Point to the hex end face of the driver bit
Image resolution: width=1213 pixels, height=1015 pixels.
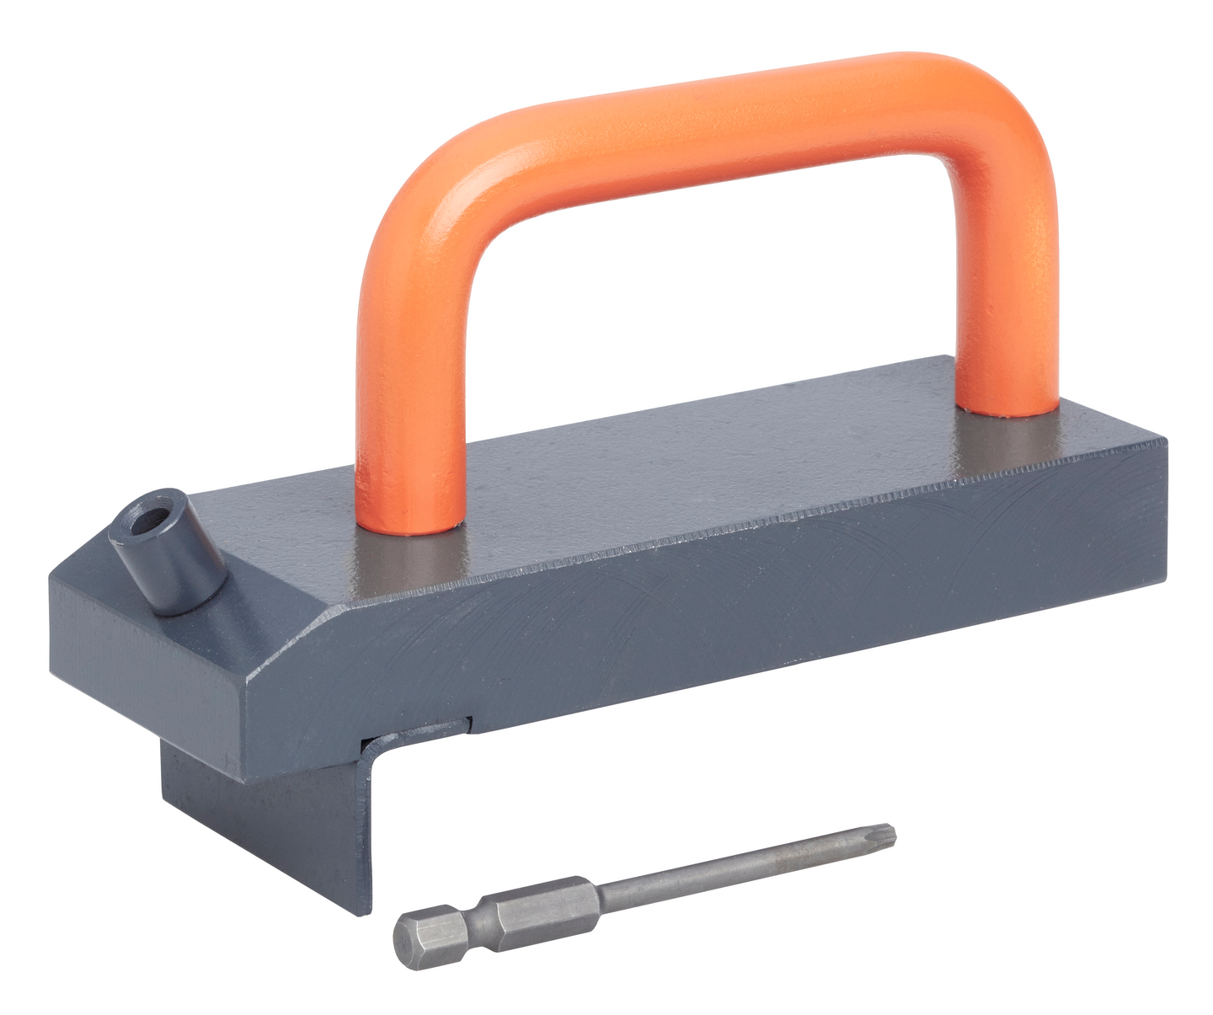pos(408,931)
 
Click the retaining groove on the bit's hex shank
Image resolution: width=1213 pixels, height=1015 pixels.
pos(478,912)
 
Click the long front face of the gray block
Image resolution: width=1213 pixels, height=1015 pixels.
pos(716,615)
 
